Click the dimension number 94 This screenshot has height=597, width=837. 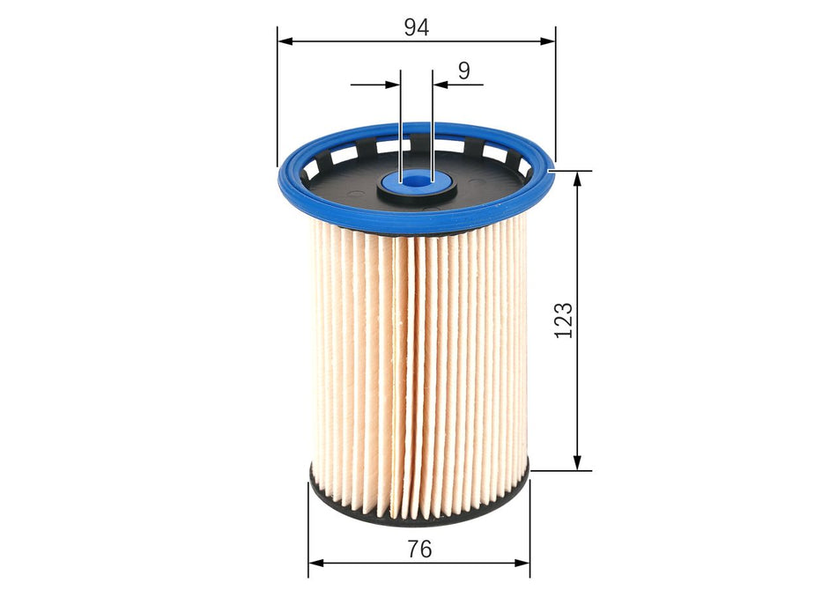[x=416, y=27]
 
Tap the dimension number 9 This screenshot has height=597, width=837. [x=464, y=70]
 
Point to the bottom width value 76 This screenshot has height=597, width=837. [x=419, y=549]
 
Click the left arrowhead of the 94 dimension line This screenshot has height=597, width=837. [x=285, y=41]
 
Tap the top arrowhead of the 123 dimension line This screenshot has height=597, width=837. [x=578, y=178]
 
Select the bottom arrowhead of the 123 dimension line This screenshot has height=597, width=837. [x=578, y=462]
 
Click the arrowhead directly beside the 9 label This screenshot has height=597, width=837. [x=440, y=85]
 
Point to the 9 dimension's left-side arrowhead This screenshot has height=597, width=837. [x=394, y=85]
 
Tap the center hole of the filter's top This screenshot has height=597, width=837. [x=416, y=182]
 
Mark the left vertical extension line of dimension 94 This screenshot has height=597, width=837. [x=278, y=97]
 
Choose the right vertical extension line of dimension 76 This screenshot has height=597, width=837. [x=530, y=528]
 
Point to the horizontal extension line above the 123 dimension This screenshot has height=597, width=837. [x=573, y=170]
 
